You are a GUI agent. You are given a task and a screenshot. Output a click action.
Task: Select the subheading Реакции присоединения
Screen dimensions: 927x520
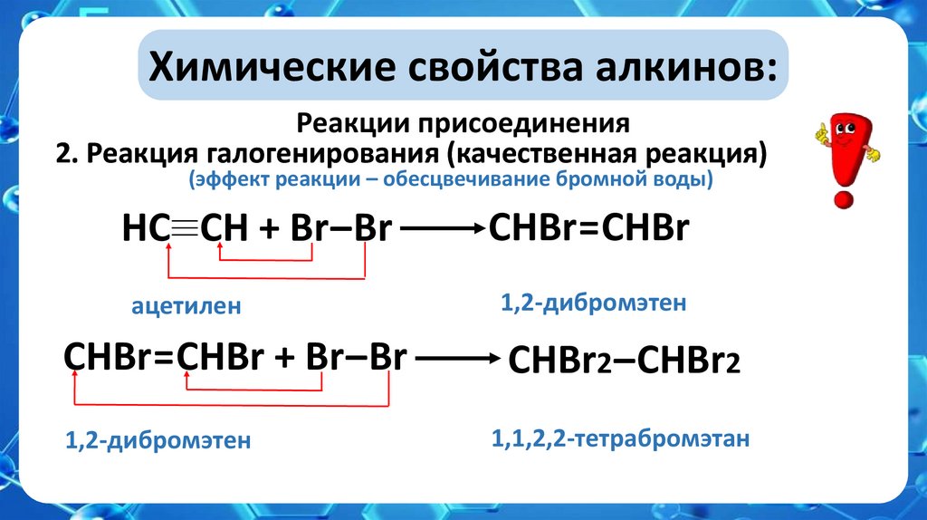click(x=463, y=122)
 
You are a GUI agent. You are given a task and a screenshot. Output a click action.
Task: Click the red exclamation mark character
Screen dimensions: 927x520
click(x=845, y=154)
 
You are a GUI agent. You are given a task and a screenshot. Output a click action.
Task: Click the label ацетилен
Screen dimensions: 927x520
click(x=186, y=307)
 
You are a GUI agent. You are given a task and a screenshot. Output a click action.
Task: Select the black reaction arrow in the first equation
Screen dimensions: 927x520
click(x=443, y=231)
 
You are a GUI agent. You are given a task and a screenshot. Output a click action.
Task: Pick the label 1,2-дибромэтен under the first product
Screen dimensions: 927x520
click(x=594, y=303)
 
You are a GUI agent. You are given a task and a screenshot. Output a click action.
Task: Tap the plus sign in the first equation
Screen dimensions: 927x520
click(x=268, y=230)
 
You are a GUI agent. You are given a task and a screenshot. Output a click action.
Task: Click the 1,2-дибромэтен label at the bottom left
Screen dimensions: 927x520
click(x=157, y=442)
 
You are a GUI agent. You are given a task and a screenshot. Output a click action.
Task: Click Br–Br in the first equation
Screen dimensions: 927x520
click(x=340, y=230)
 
